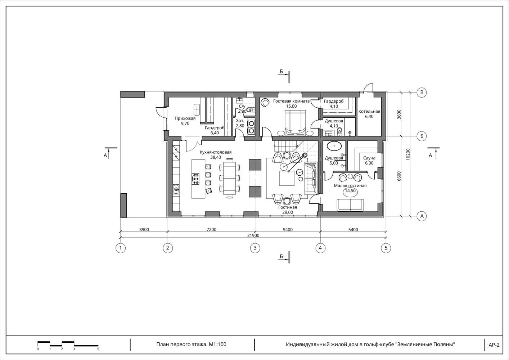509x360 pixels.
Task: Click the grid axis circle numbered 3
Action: tap(255, 248)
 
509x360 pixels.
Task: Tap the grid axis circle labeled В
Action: tap(422, 93)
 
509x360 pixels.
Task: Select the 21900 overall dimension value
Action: tap(253, 235)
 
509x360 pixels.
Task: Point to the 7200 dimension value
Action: tap(211, 230)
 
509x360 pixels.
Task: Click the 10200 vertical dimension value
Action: tap(408, 154)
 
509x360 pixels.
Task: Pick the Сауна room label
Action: tap(369, 158)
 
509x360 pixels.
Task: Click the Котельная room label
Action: tap(369, 111)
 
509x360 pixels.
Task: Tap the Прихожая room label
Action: tap(185, 118)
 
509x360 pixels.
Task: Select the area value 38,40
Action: tap(215, 157)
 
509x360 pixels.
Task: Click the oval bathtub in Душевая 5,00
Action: tap(334, 146)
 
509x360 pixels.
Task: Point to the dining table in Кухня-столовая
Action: tap(230, 179)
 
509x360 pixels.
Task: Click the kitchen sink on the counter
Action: tap(176, 189)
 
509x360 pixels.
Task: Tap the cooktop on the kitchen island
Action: tap(196, 179)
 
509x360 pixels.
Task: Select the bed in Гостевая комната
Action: tap(295, 122)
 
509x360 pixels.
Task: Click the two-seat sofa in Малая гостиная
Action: tap(350, 205)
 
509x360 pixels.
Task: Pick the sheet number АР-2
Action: tap(494, 345)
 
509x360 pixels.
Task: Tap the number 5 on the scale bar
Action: tap(98, 349)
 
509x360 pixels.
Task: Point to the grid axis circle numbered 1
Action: tap(121, 248)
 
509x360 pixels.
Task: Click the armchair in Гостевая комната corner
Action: tap(265, 102)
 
